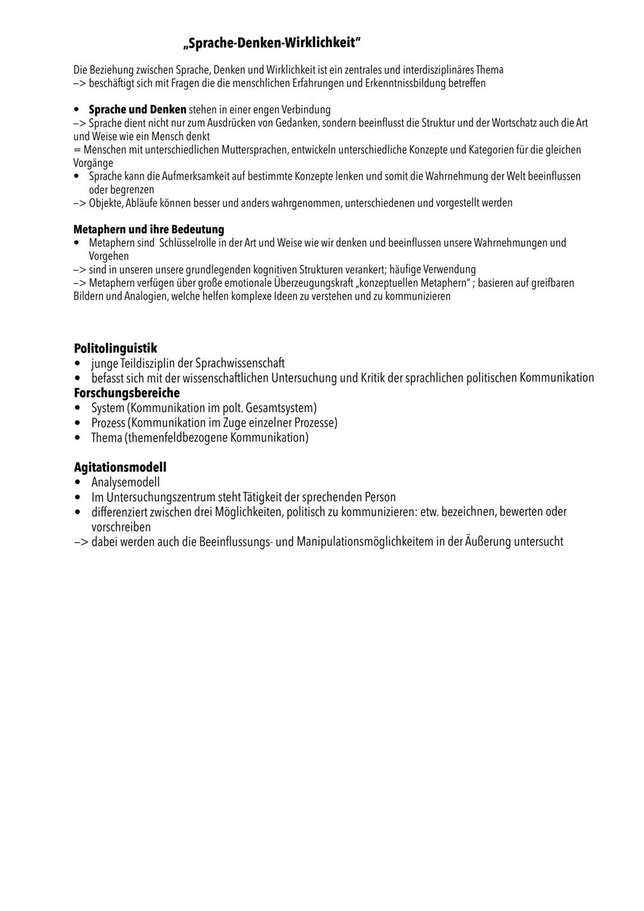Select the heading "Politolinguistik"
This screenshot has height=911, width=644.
[115, 348]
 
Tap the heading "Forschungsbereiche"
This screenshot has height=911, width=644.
[126, 393]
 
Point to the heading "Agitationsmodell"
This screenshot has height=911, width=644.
[120, 467]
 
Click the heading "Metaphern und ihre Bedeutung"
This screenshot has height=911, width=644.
[148, 229]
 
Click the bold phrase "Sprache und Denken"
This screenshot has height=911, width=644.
[137, 110]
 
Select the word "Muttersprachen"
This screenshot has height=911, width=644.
[255, 150]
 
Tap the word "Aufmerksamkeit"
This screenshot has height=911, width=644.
[179, 177]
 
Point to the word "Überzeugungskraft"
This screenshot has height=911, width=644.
[313, 283]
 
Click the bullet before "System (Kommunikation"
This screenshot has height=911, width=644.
[78, 408]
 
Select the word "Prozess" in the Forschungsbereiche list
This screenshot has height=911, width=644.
[108, 422]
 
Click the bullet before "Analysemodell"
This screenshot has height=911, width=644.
[78, 482]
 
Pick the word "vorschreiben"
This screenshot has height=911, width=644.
[120, 527]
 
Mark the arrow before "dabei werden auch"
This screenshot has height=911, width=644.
[80, 542]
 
